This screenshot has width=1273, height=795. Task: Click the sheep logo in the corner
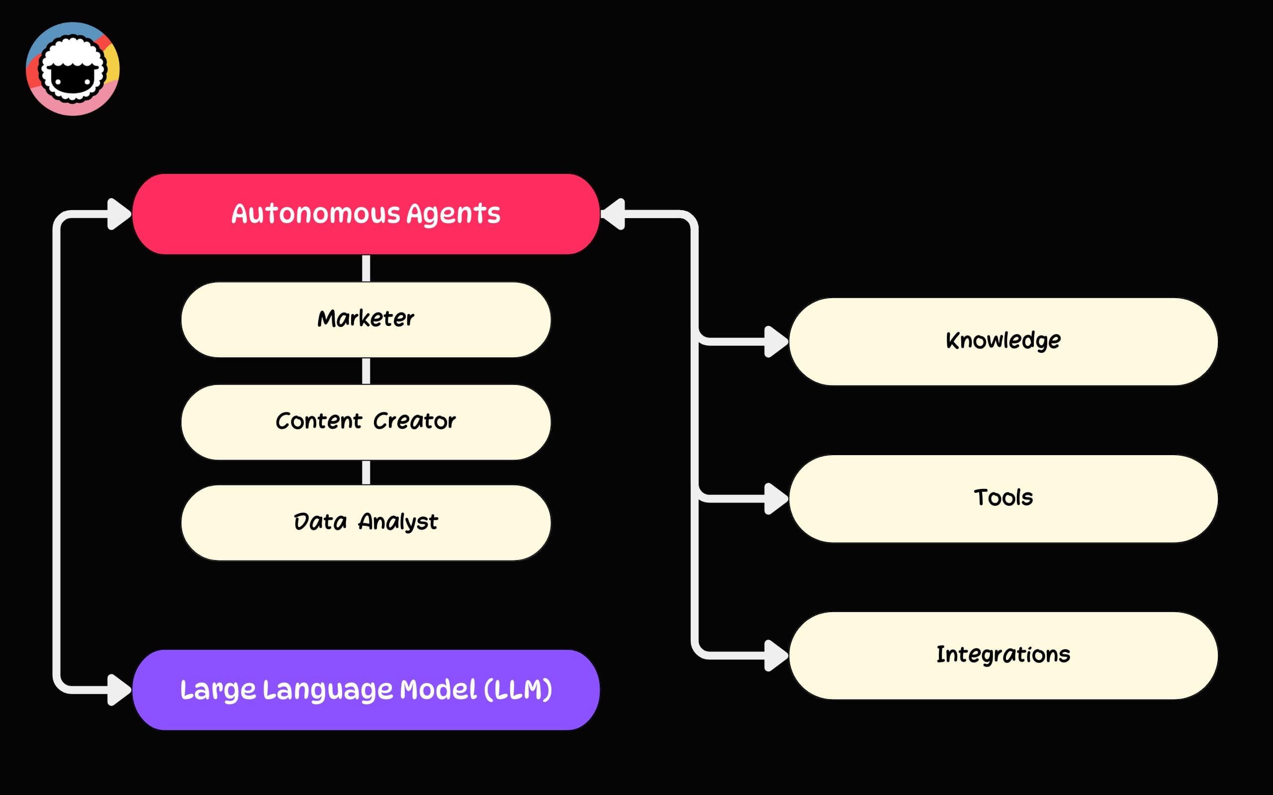[73, 69]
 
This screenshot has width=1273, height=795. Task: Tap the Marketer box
[365, 319]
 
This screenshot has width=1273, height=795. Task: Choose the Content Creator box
[365, 422]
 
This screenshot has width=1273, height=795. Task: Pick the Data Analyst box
[365, 522]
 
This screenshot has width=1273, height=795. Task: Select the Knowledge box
[1002, 341]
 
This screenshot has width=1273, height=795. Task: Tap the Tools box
[1002, 498]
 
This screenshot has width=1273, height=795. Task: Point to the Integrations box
[1002, 655]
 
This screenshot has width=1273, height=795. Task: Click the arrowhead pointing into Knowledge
[775, 342]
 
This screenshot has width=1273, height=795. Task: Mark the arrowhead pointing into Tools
[775, 498]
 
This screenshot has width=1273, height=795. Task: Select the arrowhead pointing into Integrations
[775, 655]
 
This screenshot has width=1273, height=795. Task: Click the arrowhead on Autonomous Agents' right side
[615, 214]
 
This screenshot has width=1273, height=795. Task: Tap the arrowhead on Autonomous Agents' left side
[118, 214]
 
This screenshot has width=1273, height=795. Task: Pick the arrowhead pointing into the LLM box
[118, 689]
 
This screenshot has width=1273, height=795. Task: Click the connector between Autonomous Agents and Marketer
[366, 268]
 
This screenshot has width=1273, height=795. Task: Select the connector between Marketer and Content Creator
[366, 371]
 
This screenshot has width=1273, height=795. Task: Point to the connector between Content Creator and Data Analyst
[366, 472]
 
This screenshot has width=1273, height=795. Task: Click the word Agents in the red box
[453, 214]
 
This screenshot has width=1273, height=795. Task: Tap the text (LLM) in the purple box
[518, 689]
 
